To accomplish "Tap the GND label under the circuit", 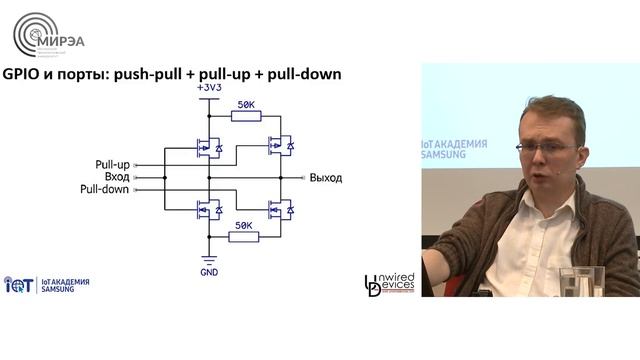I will pyautogui.click(x=208, y=271).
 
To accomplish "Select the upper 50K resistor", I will pyautogui.click(x=245, y=116).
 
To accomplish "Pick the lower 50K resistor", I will pyautogui.click(x=245, y=236).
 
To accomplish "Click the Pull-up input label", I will pyautogui.click(x=112, y=163).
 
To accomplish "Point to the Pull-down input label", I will pyautogui.click(x=105, y=189).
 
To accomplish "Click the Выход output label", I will pyautogui.click(x=326, y=177).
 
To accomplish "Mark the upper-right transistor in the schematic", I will pyautogui.click(x=280, y=146).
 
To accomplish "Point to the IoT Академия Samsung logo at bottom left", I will pyautogui.click(x=47, y=285).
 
